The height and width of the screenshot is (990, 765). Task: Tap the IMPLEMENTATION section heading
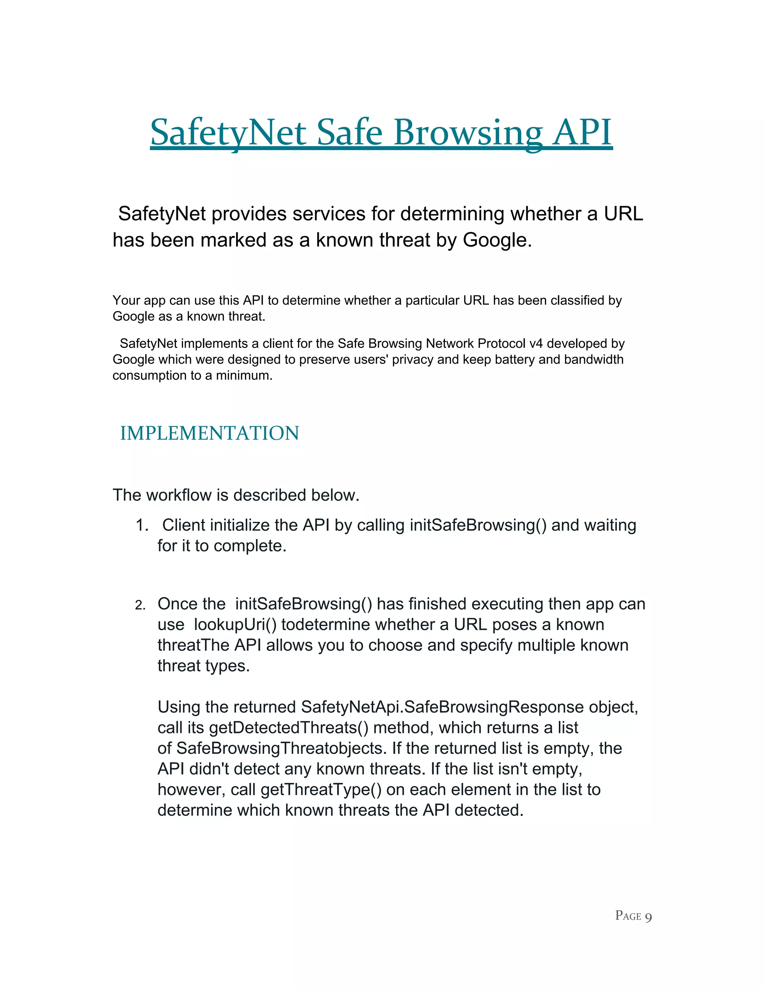[x=210, y=433]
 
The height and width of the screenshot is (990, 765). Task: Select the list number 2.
[x=140, y=605]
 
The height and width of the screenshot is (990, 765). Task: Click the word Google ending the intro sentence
[x=496, y=240]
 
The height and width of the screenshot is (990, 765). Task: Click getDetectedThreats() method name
[x=289, y=727]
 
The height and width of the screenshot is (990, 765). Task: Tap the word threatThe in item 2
[x=193, y=645]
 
